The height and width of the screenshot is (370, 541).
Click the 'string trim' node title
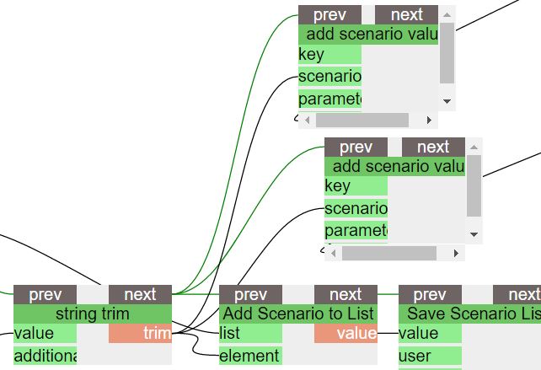93,314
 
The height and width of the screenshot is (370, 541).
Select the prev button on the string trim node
45,294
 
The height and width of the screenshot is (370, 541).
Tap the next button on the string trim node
140,294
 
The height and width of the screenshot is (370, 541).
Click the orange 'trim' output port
140,334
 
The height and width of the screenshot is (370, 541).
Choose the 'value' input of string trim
45,334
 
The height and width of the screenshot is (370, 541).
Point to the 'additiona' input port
45,356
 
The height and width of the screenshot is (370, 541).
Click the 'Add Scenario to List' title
298,314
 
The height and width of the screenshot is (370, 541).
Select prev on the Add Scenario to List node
250,294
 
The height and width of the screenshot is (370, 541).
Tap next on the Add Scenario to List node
345,294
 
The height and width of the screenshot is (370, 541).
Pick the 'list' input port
250,334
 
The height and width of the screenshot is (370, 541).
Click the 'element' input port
250,356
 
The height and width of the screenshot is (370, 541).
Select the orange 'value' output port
345,334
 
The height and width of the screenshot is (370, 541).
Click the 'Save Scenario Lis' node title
469,314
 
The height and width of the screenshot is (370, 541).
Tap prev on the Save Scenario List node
430,294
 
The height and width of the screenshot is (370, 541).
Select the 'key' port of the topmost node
329,55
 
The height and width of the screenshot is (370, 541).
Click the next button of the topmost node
407,14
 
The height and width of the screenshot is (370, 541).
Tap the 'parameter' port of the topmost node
329,99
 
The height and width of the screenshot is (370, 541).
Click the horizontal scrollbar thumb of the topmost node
362,120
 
